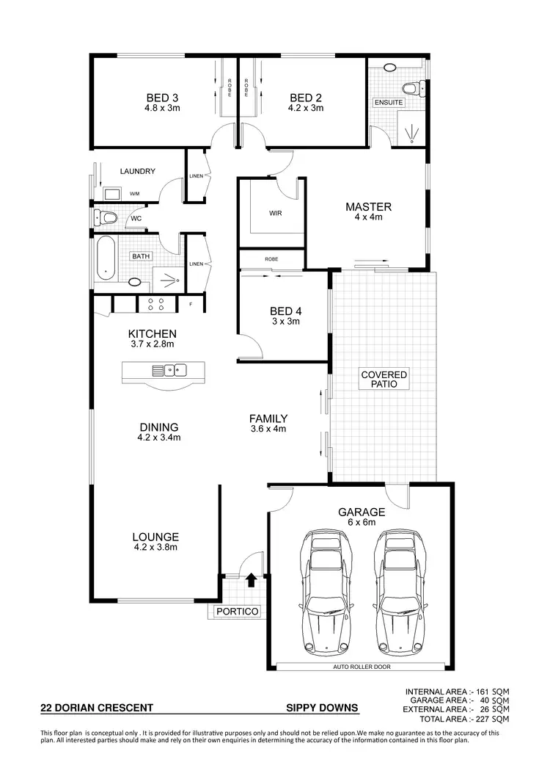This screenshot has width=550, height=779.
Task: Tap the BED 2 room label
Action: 305,98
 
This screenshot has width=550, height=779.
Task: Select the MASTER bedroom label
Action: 368,206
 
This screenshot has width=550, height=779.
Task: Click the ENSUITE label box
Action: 389,102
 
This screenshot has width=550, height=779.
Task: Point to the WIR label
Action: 276,214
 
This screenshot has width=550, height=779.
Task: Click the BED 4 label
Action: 285,311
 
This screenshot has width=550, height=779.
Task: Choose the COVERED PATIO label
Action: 384,380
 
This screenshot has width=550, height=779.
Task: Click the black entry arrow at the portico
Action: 251,581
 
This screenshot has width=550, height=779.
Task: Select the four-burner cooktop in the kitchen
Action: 156,303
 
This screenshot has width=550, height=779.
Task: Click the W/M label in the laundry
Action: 135,194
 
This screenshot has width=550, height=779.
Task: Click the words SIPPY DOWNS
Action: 322,709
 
